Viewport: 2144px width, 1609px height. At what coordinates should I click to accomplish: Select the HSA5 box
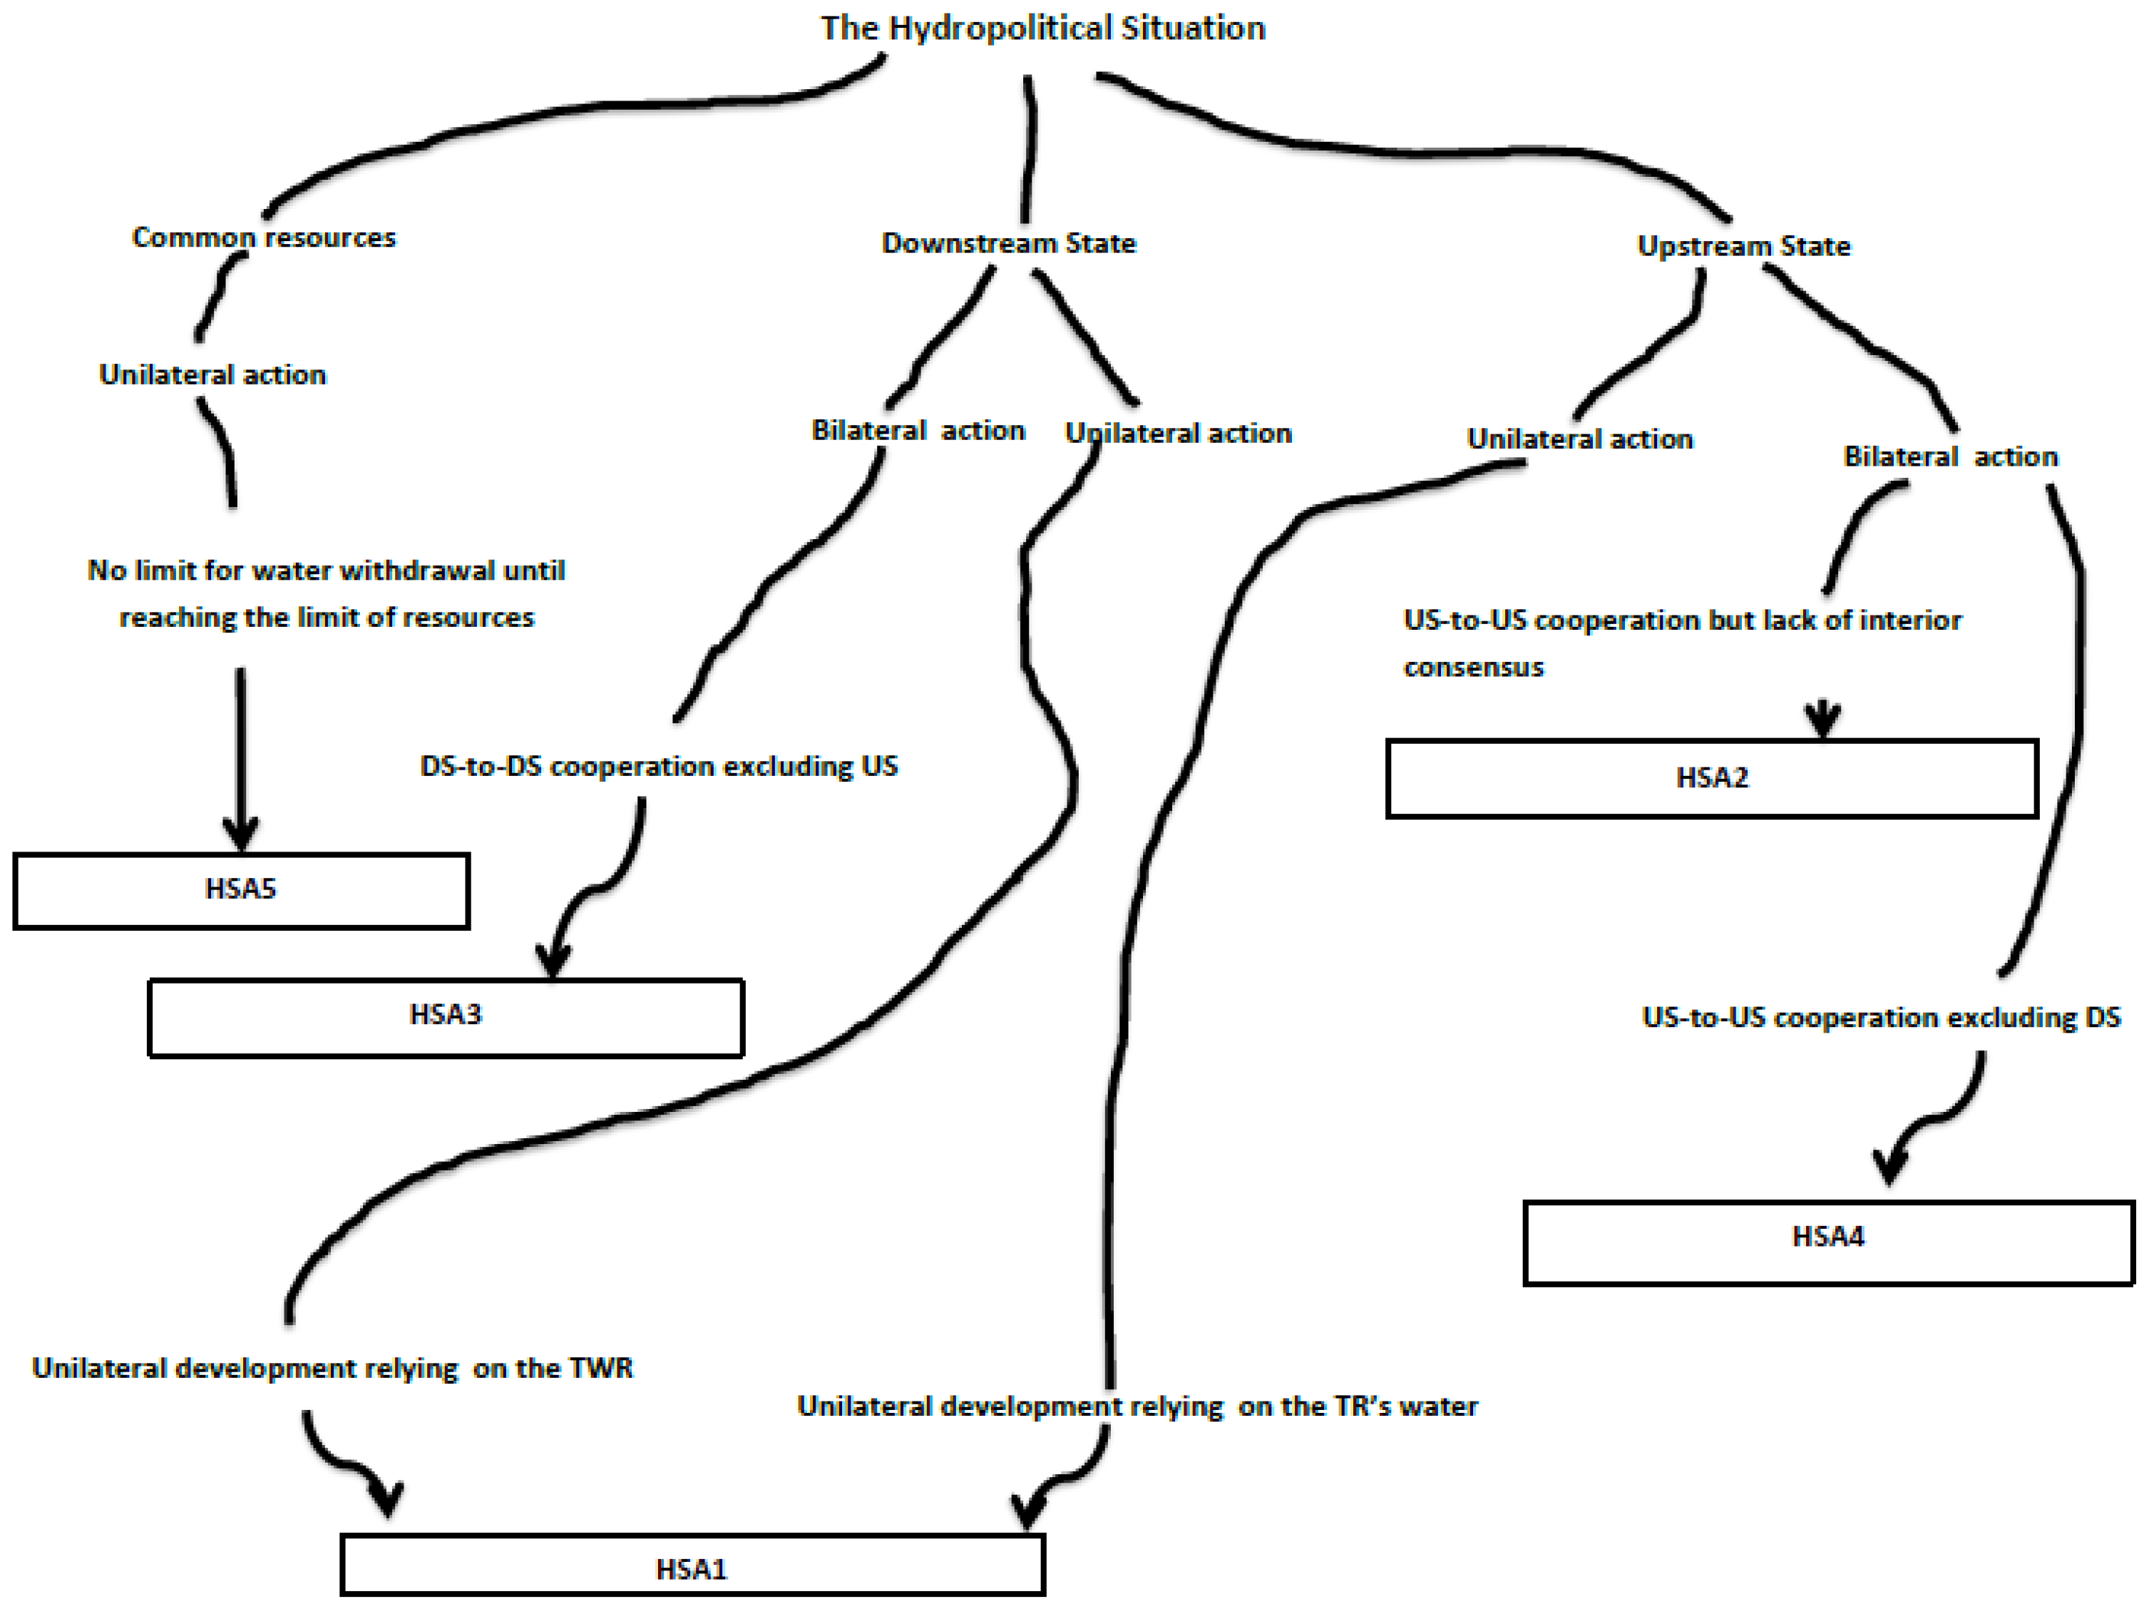tap(241, 890)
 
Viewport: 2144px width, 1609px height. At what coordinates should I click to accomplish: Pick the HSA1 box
tap(692, 1568)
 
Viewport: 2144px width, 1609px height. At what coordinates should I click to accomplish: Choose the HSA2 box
tap(1712, 778)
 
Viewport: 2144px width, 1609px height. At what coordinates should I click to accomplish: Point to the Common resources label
tap(264, 238)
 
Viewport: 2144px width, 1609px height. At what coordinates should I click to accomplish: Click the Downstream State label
tap(1008, 244)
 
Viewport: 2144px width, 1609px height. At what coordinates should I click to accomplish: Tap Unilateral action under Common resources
tap(212, 376)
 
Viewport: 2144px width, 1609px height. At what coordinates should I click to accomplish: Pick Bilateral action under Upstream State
tap(1949, 457)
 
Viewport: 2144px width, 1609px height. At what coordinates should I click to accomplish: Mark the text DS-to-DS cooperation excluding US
tap(658, 767)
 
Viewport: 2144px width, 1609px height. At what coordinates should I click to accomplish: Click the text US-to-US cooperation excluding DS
tap(1880, 1018)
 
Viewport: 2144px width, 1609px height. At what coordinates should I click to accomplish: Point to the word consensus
tap(1473, 668)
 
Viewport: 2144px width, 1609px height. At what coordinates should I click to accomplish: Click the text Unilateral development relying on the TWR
tap(332, 1369)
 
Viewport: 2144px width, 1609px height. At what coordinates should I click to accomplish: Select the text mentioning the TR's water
tap(1137, 1406)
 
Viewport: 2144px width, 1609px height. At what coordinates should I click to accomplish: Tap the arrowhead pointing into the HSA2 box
tap(1822, 722)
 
